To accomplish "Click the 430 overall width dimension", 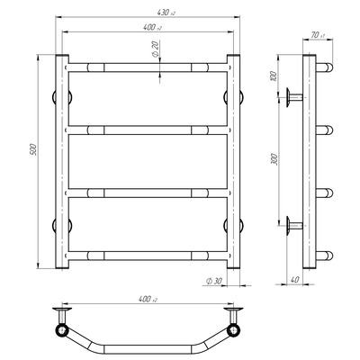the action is pos(166,13).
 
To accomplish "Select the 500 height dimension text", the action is pos(33,149).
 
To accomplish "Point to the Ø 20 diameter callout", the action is pos(156,49).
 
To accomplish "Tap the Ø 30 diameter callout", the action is pos(214,281).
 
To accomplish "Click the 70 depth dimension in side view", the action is pos(318,35).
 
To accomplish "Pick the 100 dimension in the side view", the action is pos(273,76).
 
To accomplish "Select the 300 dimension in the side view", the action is pos(274,159).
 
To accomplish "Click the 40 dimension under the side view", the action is pos(295,280).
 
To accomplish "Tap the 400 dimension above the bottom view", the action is pos(148,299).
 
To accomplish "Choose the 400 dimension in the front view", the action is pos(152,27).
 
